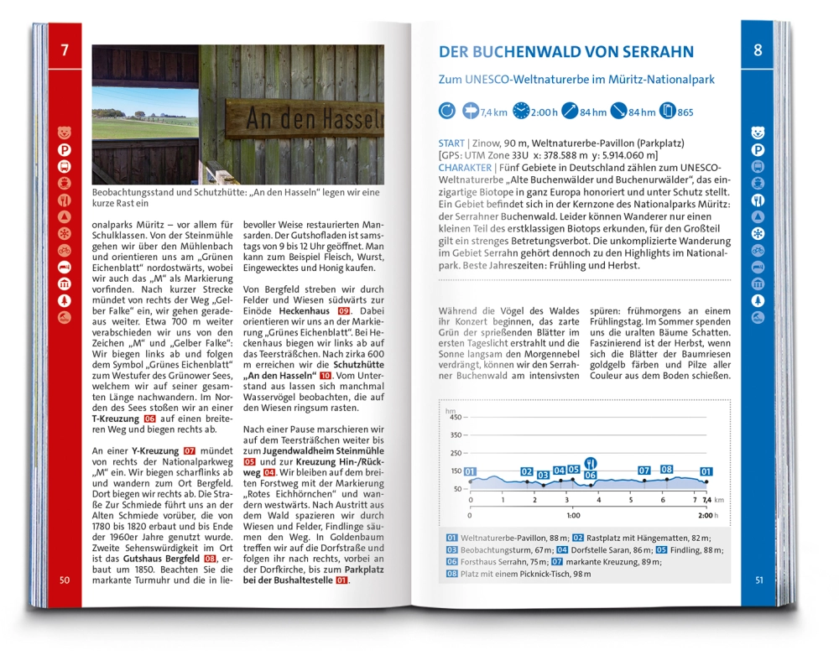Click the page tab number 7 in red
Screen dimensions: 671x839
(65, 50)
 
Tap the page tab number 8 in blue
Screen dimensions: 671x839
(758, 50)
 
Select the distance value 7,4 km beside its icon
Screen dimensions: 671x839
(495, 112)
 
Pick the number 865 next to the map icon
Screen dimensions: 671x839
(685, 112)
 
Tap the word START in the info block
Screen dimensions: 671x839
(451, 143)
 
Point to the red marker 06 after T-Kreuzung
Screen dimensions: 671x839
(150, 418)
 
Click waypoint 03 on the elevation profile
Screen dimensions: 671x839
(543, 476)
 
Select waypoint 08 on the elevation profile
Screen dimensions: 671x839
(667, 470)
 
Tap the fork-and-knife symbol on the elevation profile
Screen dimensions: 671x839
(591, 462)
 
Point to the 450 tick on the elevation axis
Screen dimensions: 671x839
(456, 417)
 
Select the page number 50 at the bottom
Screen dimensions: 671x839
(65, 580)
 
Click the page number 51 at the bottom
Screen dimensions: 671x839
(758, 580)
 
